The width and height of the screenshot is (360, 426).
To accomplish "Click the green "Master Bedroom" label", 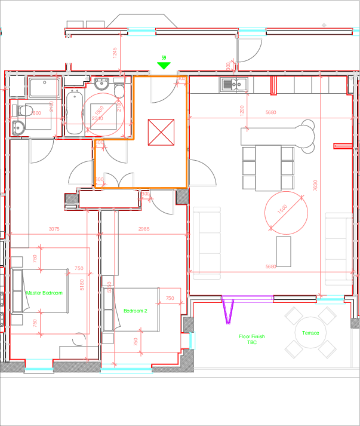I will pos(44,293).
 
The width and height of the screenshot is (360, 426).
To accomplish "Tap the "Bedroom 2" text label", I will pos(135,311).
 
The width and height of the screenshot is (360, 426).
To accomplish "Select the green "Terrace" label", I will pos(310,333).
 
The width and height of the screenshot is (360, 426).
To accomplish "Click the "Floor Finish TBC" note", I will pos(251,339).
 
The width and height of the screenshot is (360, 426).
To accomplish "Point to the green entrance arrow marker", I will pos(164,65).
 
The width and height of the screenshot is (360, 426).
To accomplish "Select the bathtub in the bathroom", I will pos(75,112).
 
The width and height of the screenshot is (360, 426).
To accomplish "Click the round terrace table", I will pos(310,332).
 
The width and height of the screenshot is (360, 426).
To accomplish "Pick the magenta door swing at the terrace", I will pos(228,310).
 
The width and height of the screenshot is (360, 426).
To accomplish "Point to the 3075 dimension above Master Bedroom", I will pos(54,229).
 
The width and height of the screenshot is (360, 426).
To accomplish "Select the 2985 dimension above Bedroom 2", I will pos(144,229).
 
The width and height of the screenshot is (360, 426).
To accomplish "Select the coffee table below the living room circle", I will pos(284,252).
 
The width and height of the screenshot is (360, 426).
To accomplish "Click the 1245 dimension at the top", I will pos(115,53).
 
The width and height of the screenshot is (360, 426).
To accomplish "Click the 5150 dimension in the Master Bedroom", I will pos(82,286).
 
